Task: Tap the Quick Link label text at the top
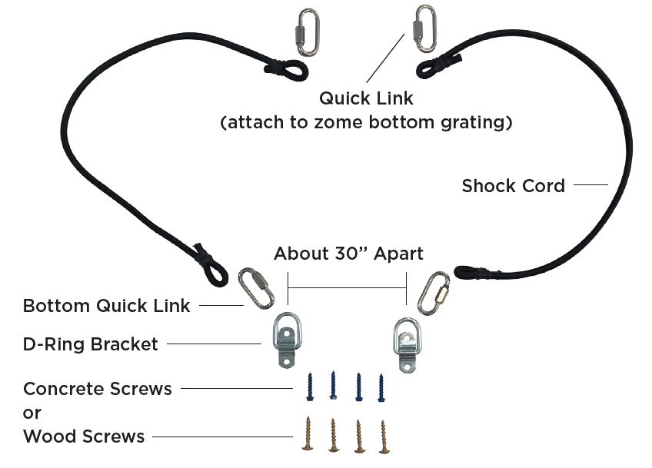pyautogui.click(x=366, y=98)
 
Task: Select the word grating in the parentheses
pyautogui.click(x=474, y=122)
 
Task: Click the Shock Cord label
pyautogui.click(x=513, y=185)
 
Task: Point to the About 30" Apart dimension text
pyautogui.click(x=348, y=254)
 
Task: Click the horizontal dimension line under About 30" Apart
pyautogui.click(x=347, y=287)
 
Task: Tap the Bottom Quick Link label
pyautogui.click(x=106, y=306)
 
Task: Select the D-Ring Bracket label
pyautogui.click(x=90, y=344)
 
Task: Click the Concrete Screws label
pyautogui.click(x=98, y=388)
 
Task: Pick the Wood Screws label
pyautogui.click(x=84, y=436)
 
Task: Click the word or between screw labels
pyautogui.click(x=32, y=413)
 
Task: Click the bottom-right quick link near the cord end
pyautogui.click(x=434, y=292)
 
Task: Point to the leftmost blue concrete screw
pyautogui.click(x=310, y=386)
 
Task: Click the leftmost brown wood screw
pyautogui.click(x=309, y=434)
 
